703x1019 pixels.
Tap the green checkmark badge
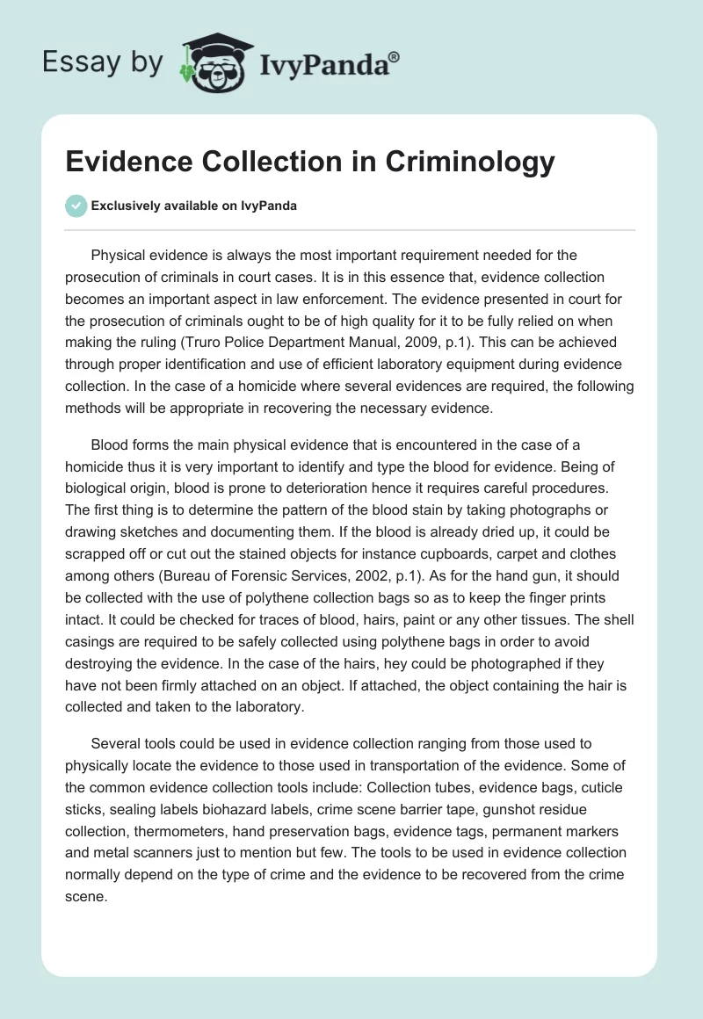[x=76, y=206]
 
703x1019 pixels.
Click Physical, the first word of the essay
[x=121, y=256]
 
